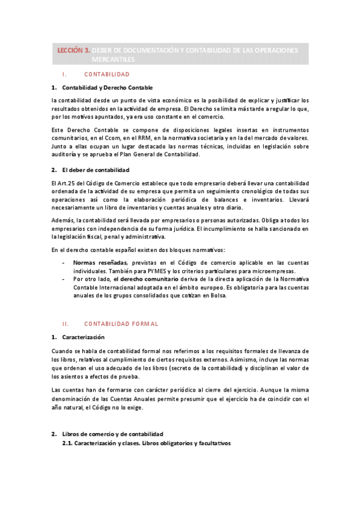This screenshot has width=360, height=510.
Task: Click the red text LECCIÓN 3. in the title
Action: point(74,51)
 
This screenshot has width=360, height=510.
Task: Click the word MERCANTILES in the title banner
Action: point(114,60)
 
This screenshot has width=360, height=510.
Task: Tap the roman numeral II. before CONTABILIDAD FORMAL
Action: point(66,324)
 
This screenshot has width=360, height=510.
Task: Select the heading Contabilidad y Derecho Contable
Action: point(107,87)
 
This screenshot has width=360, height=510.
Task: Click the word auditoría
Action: point(65,155)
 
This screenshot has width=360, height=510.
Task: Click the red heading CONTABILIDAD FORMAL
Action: point(121,324)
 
